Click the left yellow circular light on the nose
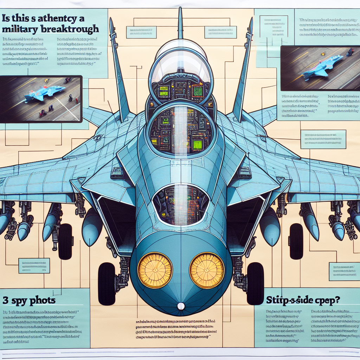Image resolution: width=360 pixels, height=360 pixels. (x=155, y=270)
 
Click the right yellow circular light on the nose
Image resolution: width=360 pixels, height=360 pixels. (x=207, y=270)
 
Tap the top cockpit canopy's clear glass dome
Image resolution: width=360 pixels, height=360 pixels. (x=180, y=63)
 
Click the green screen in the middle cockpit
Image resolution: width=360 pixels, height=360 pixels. (x=197, y=144)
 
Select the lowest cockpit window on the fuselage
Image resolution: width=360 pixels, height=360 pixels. (x=181, y=205)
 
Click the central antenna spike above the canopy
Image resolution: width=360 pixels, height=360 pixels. (x=180, y=23)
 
